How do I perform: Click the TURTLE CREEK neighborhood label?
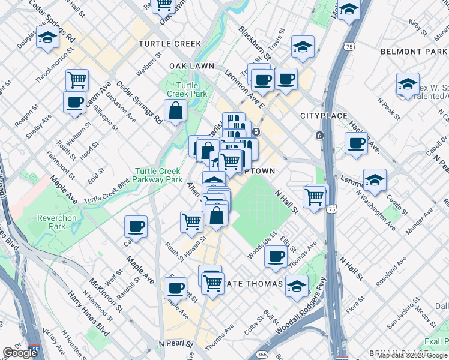click(x=170, y=44)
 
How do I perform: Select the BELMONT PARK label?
click(x=414, y=52)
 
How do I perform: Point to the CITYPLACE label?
click(x=321, y=115)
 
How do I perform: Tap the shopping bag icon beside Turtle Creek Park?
click(x=175, y=111)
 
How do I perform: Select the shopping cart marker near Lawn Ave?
click(x=77, y=79)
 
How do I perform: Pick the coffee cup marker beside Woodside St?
click(x=276, y=256)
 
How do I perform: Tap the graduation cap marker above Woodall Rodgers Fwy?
click(x=297, y=286)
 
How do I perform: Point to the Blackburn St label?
click(x=252, y=39)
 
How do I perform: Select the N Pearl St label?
click(x=176, y=344)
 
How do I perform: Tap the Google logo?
click(x=20, y=353)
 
